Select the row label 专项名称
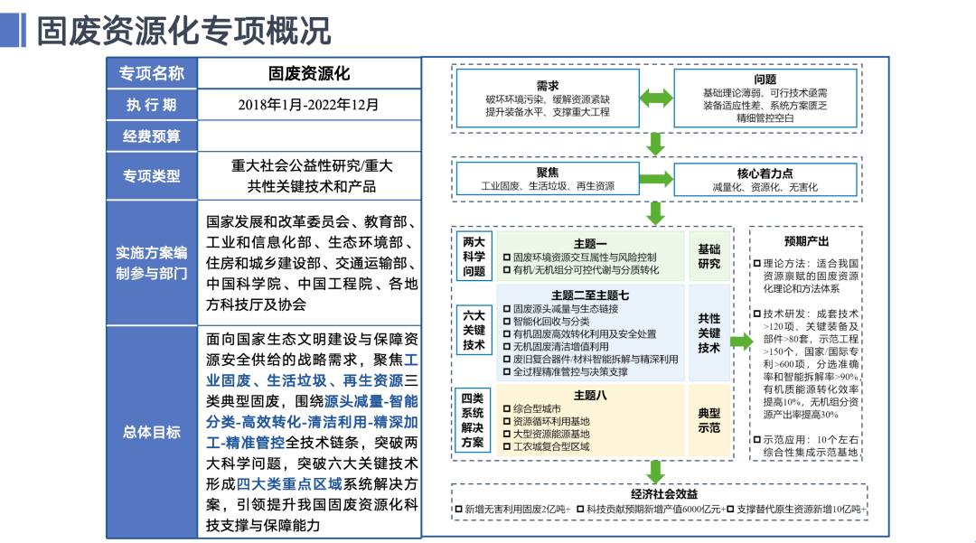tap(151, 73)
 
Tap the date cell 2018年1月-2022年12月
tap(309, 105)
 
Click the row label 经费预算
tap(151, 136)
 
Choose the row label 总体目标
tap(151, 432)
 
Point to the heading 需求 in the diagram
tap(548, 86)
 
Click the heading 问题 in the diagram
tap(765, 80)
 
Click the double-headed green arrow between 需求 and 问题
tap(656, 98)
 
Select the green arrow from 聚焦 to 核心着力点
tap(656, 179)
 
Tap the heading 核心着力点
tap(765, 173)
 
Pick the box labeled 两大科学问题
tap(474, 257)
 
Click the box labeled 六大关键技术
tap(474, 330)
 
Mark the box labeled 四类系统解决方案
tap(473, 420)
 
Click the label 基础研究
tap(709, 257)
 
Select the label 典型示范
tap(709, 420)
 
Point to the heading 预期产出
tap(806, 241)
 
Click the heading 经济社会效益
tap(664, 494)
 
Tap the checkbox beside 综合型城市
tap(507, 408)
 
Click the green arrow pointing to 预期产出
tap(741, 341)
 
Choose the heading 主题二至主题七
tap(590, 295)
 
